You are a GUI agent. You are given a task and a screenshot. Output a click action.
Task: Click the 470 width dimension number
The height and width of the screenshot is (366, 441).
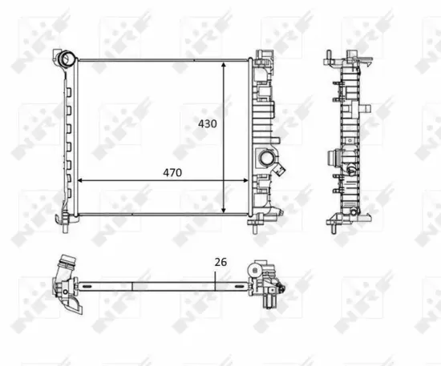[x=173, y=172]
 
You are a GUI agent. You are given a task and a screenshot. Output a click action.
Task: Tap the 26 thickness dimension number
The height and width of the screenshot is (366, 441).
[x=220, y=262]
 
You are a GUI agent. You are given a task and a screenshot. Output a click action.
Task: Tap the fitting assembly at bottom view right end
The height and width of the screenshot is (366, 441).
[x=266, y=283]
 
